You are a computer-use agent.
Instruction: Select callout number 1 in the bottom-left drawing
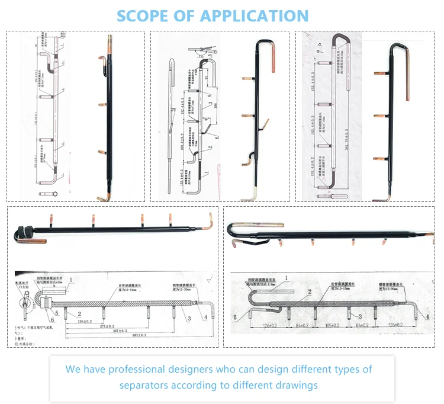pos(70,278)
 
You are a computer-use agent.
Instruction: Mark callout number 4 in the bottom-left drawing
pos(205,318)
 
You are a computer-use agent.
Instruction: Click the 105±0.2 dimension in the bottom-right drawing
pos(332,325)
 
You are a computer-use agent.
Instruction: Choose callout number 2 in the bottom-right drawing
pos(308,291)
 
